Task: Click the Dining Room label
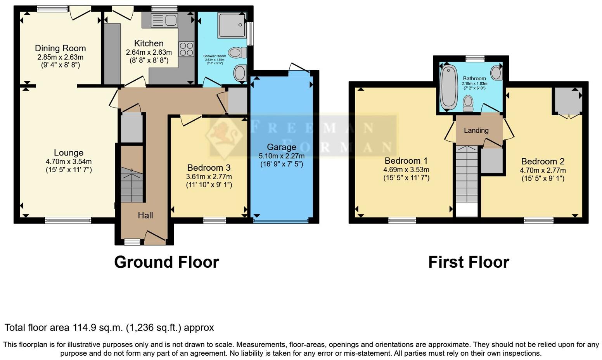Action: (60, 48)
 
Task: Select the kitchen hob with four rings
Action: (186, 49)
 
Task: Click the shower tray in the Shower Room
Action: (232, 25)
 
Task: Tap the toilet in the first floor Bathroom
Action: (469, 103)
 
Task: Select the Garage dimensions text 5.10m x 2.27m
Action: (282, 156)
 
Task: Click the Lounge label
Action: (69, 153)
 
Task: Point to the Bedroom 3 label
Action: (209, 168)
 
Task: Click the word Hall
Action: (145, 215)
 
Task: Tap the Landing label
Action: (476, 130)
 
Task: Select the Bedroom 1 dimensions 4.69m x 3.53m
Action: (406, 170)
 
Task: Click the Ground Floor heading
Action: (166, 262)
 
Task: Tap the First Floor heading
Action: (469, 262)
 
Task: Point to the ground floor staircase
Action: (132, 184)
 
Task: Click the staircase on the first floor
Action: (467, 175)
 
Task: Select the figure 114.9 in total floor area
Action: (83, 328)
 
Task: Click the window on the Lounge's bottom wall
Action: (68, 220)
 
